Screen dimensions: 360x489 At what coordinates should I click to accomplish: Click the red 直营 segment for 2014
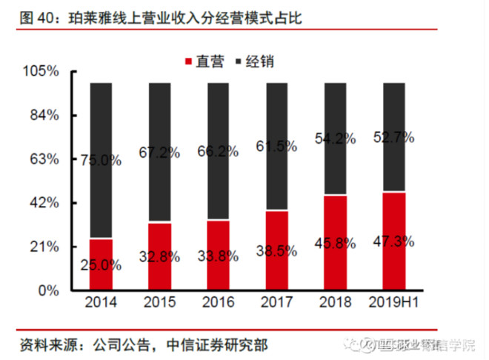click(100, 264)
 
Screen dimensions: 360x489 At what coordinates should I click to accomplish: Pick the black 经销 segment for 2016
click(218, 151)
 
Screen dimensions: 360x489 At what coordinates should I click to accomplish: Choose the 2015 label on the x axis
click(159, 303)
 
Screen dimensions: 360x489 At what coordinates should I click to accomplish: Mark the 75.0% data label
click(100, 160)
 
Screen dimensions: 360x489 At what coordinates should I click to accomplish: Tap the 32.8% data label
click(159, 257)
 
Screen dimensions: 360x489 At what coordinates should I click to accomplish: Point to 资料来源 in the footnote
click(44, 344)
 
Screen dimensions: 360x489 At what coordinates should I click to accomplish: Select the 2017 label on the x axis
click(276, 303)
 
